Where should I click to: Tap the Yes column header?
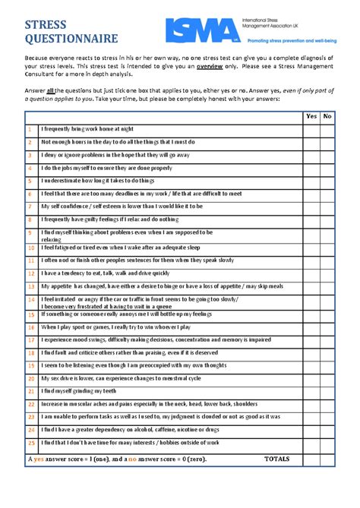tap(311, 116)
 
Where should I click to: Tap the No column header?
tap(327, 116)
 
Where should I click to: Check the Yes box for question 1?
tap(311, 129)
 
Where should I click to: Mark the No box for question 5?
tap(327, 181)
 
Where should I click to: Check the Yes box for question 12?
tap(311, 273)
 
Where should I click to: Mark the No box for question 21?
tap(327, 391)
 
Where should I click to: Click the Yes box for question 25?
tap(311, 443)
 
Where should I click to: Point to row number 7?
tap(30, 207)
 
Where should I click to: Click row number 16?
tap(31, 327)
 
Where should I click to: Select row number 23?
tap(31, 417)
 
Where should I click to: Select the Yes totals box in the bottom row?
tap(311, 459)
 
